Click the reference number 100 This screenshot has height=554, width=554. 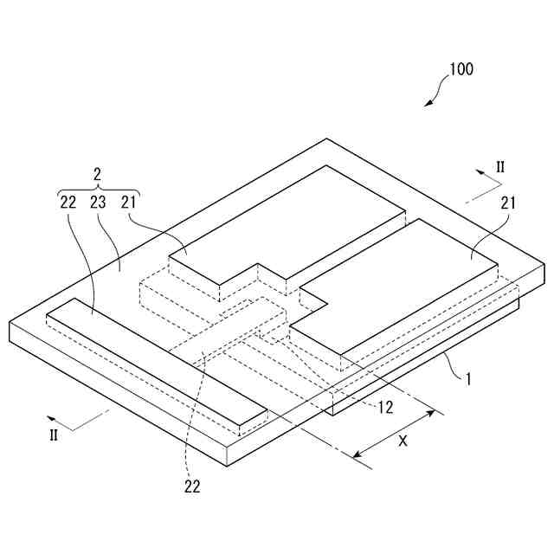[x=461, y=69]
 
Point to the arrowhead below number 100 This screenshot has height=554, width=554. [x=428, y=103]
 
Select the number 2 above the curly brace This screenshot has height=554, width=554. [x=98, y=174]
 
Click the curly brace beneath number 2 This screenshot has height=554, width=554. [x=98, y=190]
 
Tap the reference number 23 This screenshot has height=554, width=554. [x=98, y=203]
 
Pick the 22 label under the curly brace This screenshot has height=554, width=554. [x=69, y=203]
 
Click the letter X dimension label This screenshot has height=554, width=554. [x=402, y=440]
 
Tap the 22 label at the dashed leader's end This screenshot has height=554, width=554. [x=191, y=486]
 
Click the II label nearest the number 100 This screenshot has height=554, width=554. [x=499, y=165]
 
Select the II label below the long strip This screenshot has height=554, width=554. [x=54, y=435]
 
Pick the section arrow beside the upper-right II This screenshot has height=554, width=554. [x=487, y=178]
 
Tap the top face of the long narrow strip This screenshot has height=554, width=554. [x=156, y=364]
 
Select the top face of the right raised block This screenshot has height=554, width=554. [x=407, y=277]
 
